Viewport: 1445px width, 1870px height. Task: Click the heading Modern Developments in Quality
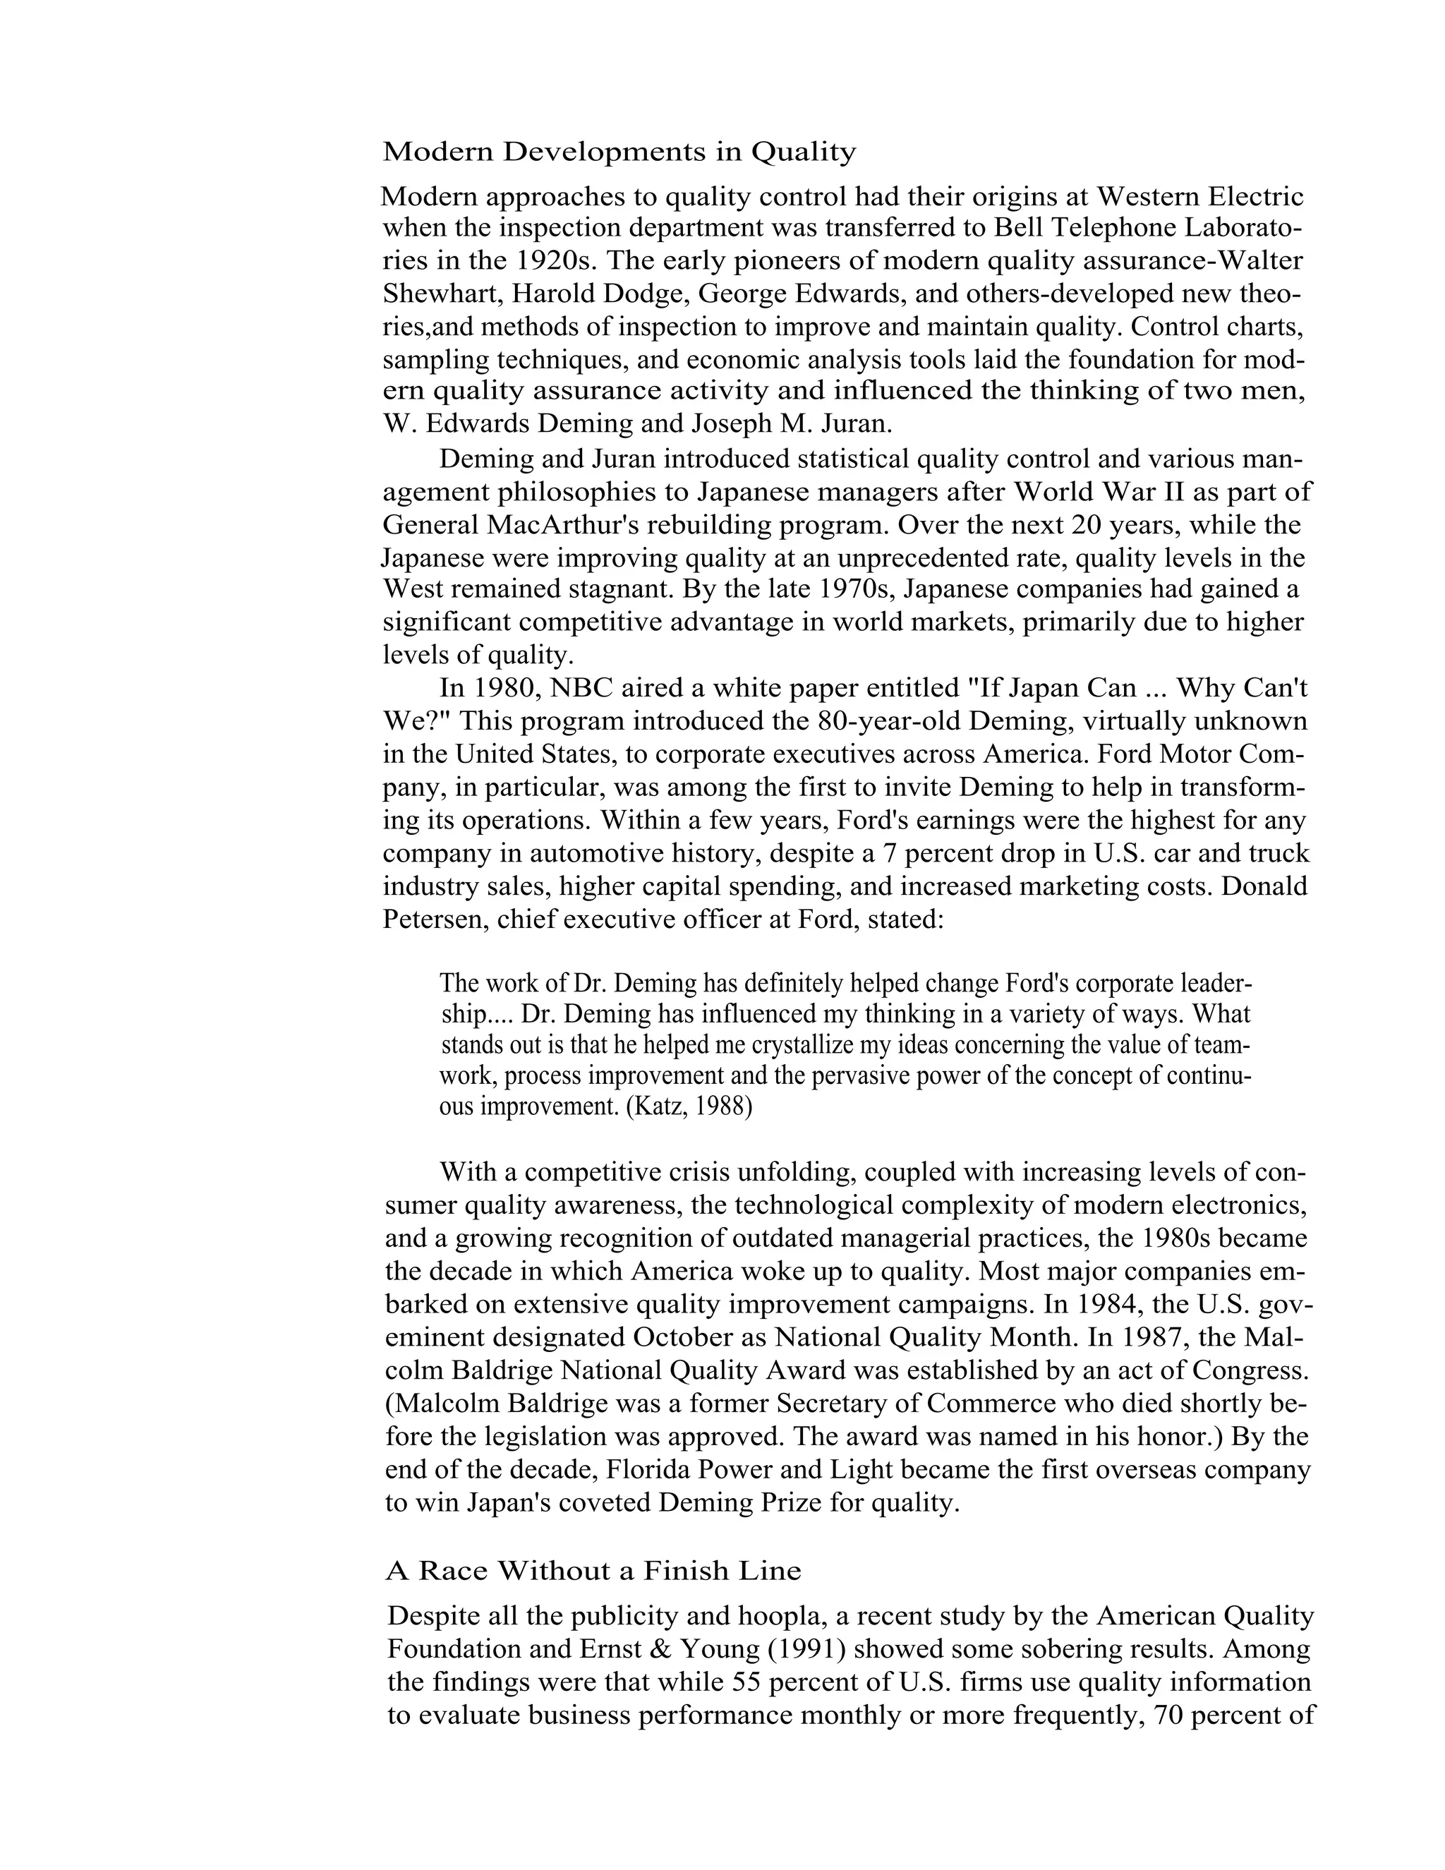point(619,152)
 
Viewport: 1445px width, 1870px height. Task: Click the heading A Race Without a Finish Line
point(593,1570)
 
